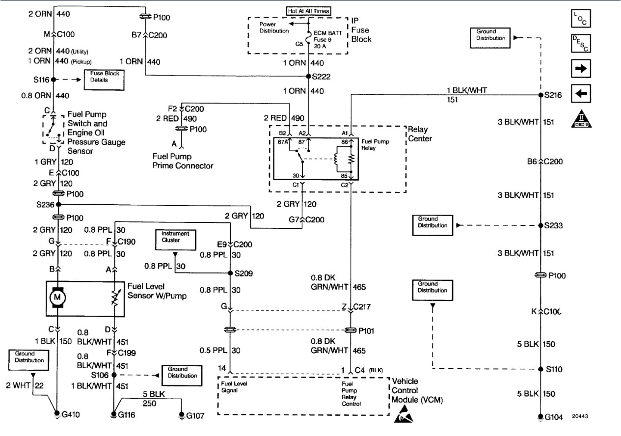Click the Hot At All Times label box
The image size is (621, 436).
[x=308, y=11]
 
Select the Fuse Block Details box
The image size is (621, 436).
[x=104, y=80]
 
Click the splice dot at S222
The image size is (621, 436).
[x=308, y=76]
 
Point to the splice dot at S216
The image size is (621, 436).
[x=540, y=95]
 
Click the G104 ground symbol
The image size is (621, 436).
[x=540, y=417]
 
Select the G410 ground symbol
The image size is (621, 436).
[x=57, y=413]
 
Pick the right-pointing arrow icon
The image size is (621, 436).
[x=580, y=69]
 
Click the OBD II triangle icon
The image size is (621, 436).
[x=580, y=119]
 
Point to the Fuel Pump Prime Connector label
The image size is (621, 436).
[x=182, y=162]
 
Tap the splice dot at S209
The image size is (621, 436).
[x=230, y=273]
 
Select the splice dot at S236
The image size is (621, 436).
[x=58, y=204]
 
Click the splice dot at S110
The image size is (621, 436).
[x=540, y=369]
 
